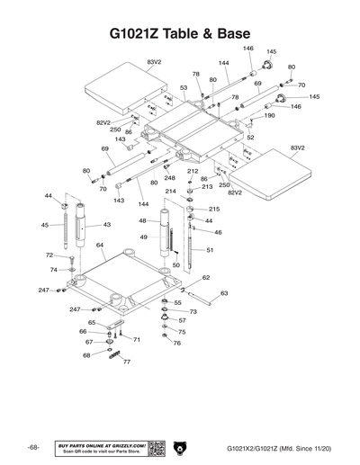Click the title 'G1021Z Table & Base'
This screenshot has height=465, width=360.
pos(180,33)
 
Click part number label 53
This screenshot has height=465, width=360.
pos(183,88)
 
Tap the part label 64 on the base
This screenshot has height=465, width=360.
pos(101,245)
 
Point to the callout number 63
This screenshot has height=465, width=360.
pos(224,293)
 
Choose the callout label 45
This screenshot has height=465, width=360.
pos(45,225)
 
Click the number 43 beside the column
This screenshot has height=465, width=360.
pos(106,225)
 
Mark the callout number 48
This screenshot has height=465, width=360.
pos(142,220)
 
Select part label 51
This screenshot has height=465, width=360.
pos(210,250)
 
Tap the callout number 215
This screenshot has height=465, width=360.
pos(214,209)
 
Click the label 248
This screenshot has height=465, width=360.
pos(169,178)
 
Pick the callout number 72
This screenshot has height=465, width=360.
pos(49,256)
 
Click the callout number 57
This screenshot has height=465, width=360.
pos(182,320)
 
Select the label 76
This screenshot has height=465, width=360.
pos(176,343)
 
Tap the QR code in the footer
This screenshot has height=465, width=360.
pos(154,447)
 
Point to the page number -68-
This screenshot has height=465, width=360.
pos(32,447)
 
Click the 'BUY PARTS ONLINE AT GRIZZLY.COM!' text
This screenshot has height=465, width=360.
pos(101,443)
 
